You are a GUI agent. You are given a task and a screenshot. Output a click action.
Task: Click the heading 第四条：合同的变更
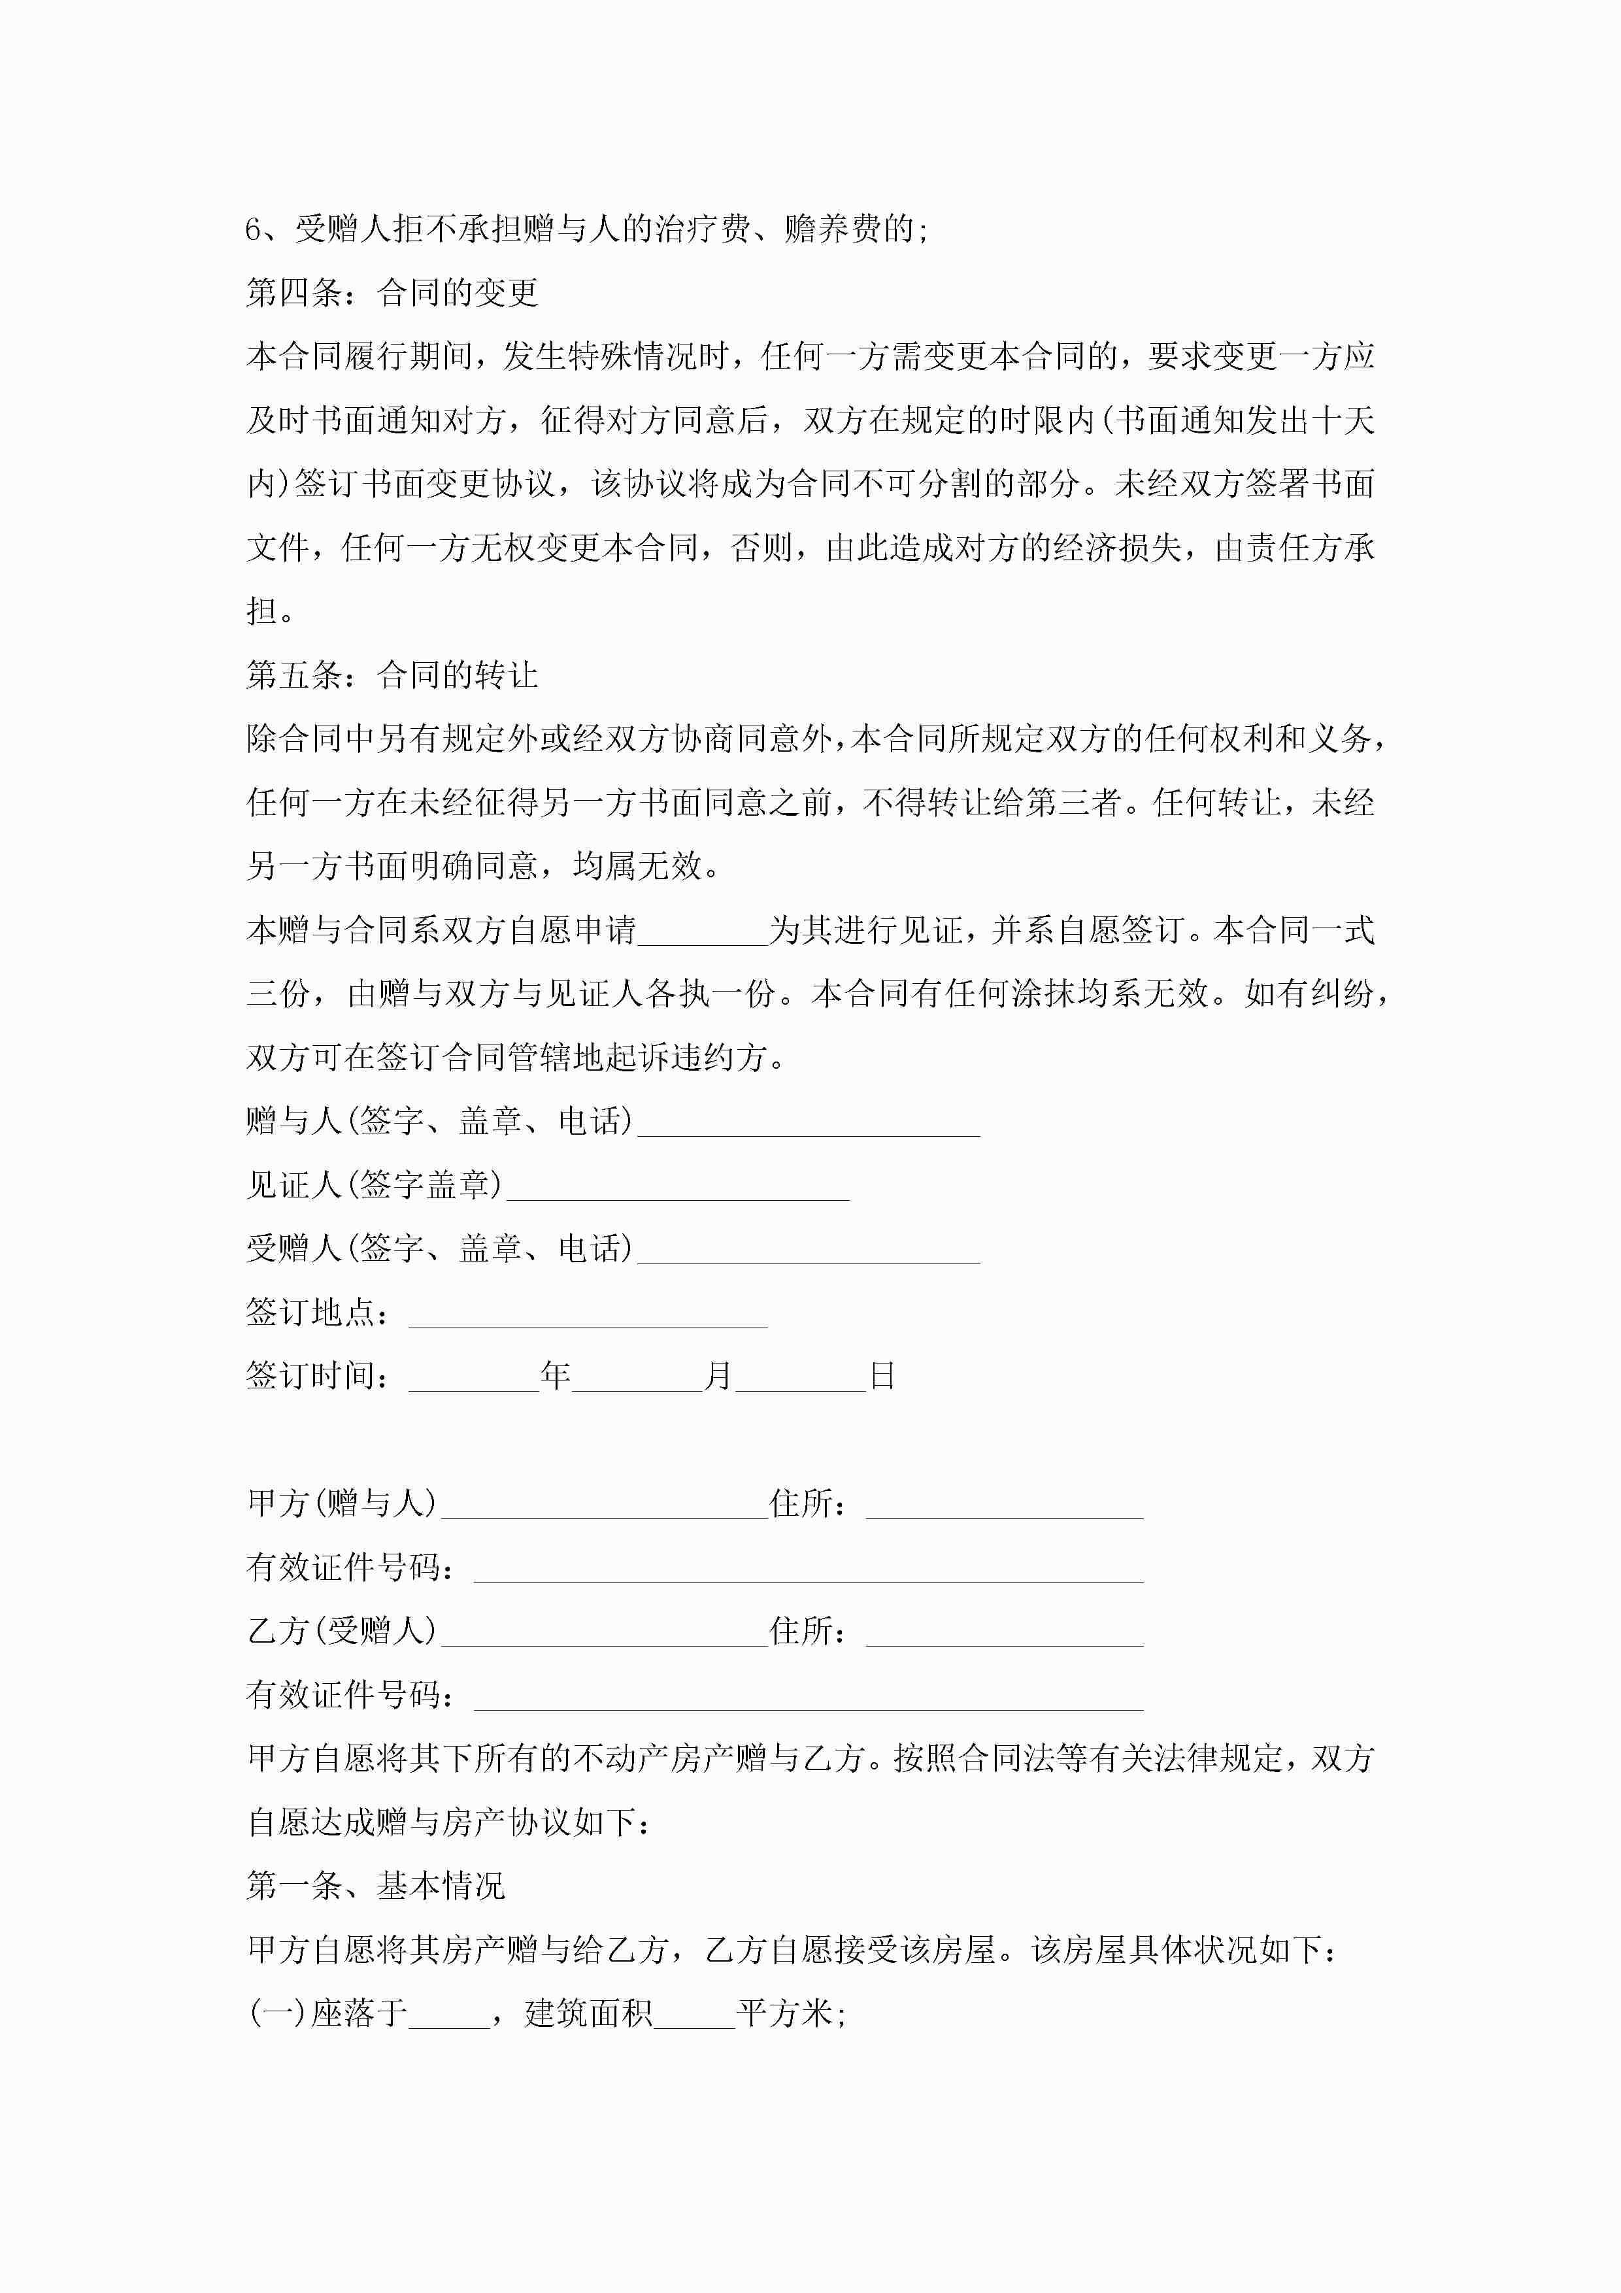point(393,293)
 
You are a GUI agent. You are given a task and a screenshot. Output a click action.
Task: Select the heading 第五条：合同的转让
point(393,675)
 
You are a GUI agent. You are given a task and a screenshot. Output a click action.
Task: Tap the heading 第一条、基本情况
point(376,1886)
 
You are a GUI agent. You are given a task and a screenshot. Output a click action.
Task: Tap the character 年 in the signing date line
point(556,1376)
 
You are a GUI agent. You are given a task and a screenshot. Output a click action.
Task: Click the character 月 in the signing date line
point(718,1376)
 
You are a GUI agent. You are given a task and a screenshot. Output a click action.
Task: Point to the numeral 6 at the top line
point(254,229)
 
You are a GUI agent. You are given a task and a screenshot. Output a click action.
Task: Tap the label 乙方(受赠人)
point(342,1631)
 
